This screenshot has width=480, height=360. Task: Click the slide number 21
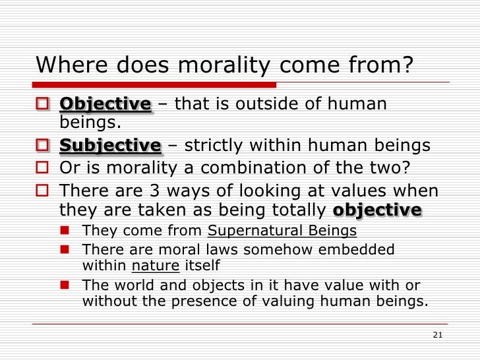pyautogui.click(x=437, y=335)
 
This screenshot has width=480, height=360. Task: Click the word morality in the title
pyautogui.click(x=221, y=65)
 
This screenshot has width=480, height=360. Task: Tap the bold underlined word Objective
pyautogui.click(x=105, y=104)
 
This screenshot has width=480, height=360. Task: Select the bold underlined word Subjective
pyautogui.click(x=110, y=146)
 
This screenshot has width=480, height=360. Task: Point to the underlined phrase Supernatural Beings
pyautogui.click(x=282, y=231)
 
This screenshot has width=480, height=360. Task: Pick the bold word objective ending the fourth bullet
pyautogui.click(x=377, y=210)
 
